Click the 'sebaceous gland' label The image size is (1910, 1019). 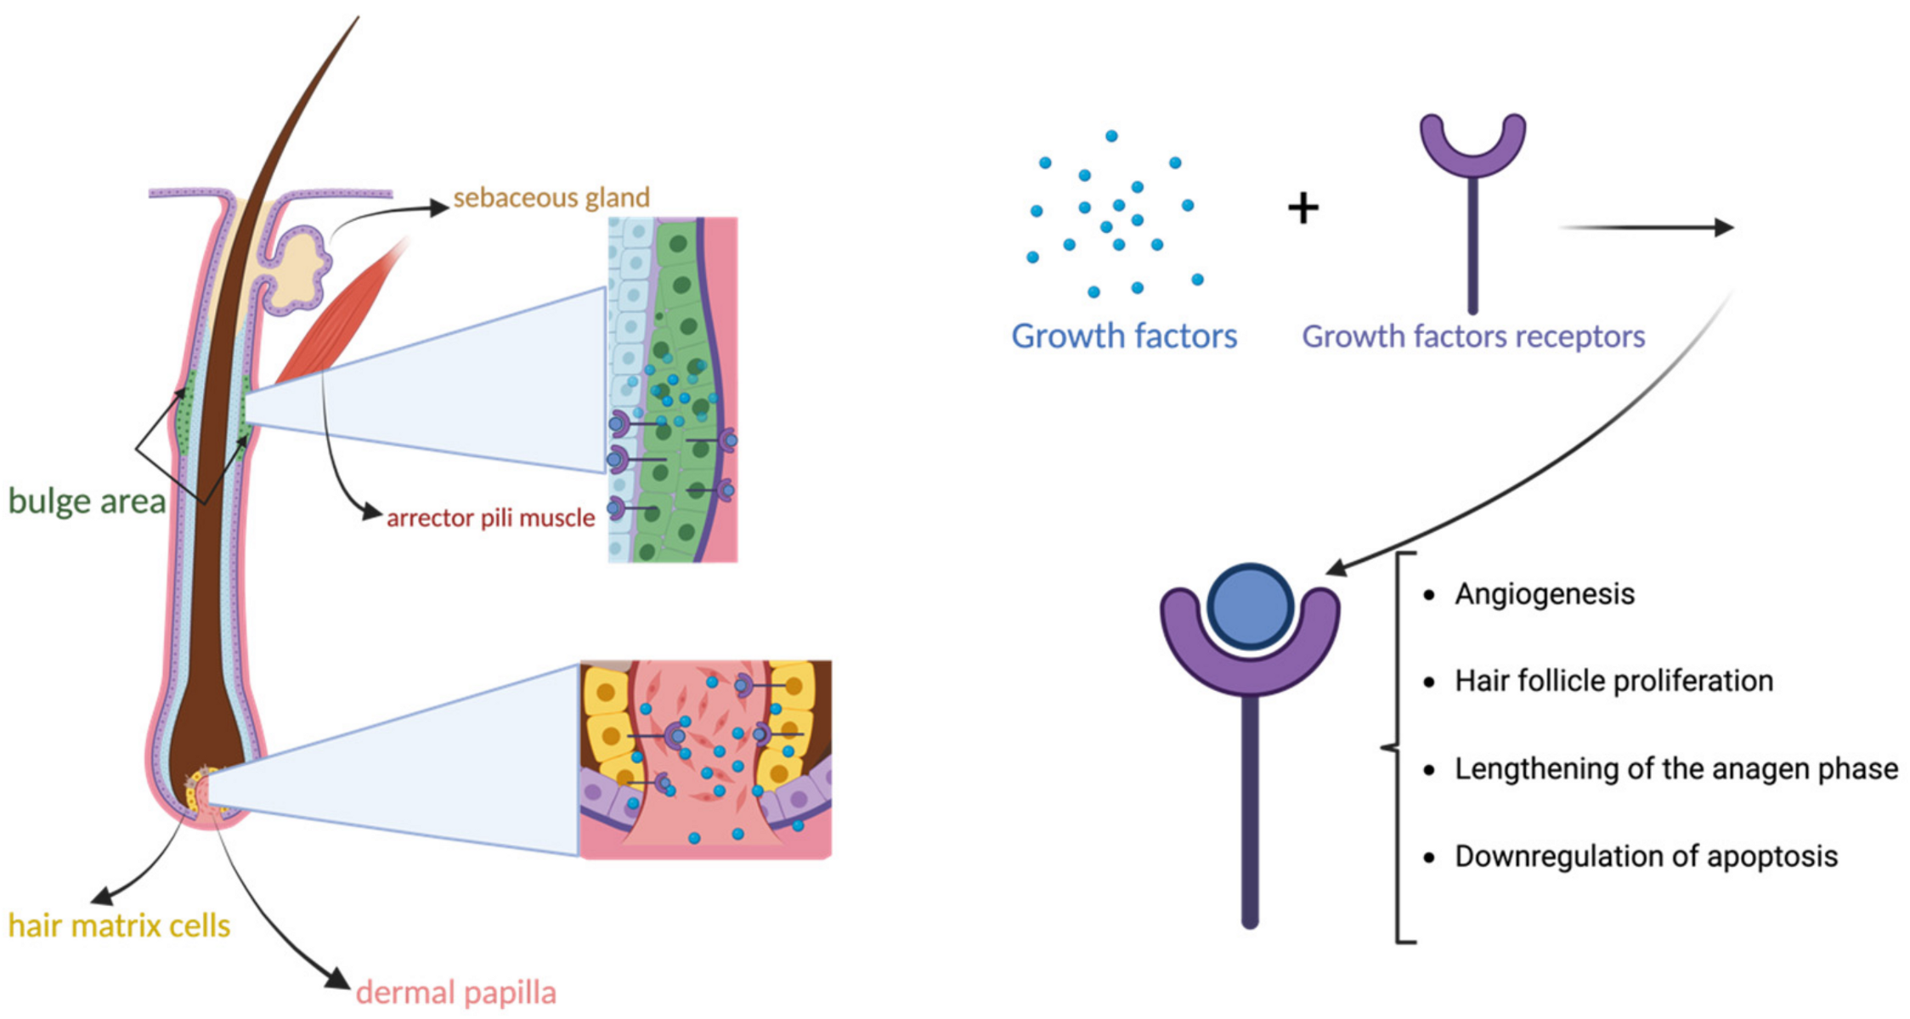point(551,198)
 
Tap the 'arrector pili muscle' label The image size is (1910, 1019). point(490,518)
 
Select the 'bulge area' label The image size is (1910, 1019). point(87,501)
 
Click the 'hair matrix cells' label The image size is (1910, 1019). point(119,926)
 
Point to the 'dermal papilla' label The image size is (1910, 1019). point(455,992)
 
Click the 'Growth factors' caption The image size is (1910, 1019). point(1123,337)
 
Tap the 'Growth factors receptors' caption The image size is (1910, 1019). point(1473,337)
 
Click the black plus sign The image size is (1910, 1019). point(1303,208)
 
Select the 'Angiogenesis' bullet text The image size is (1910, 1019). point(1544,594)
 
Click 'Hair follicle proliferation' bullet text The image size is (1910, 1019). point(1613,681)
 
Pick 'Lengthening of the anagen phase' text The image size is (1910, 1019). point(1675,768)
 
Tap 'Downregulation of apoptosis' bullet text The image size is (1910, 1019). point(1646,856)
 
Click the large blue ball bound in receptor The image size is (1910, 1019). point(1250,607)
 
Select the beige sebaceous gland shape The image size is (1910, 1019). point(302,268)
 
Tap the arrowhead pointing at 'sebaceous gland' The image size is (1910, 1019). point(440,207)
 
